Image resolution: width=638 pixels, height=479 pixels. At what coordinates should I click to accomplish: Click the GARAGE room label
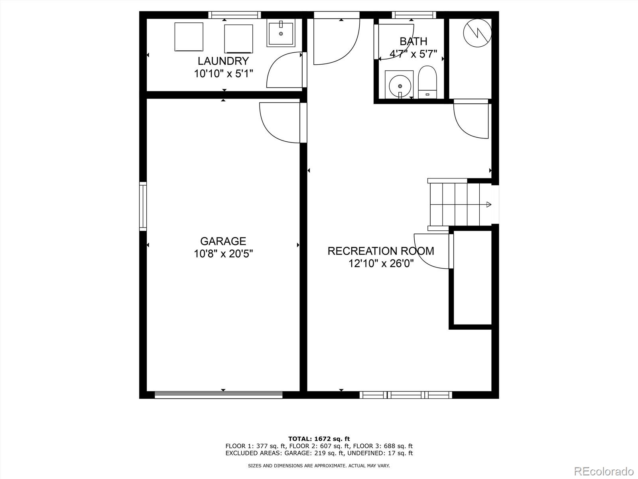click(x=223, y=241)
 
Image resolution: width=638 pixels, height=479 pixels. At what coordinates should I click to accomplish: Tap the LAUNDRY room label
click(x=223, y=61)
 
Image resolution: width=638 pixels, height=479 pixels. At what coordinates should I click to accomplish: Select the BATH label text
click(x=414, y=42)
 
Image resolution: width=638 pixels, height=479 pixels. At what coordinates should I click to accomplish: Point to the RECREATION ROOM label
click(x=381, y=251)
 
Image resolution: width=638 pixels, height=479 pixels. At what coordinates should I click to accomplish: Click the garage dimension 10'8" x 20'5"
click(x=223, y=254)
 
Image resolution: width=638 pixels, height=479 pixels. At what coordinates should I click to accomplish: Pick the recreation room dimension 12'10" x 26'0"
click(x=381, y=263)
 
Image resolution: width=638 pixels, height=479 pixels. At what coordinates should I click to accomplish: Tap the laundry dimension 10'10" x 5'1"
click(x=223, y=73)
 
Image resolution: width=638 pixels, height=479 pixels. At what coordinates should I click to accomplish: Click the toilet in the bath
click(x=427, y=82)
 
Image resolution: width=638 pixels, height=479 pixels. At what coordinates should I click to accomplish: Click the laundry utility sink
click(x=281, y=33)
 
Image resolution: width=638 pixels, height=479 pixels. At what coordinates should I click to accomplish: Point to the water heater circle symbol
click(x=477, y=33)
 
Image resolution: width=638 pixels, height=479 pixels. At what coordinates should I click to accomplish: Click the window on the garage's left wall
click(x=143, y=206)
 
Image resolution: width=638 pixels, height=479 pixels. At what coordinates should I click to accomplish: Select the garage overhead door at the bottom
click(x=218, y=395)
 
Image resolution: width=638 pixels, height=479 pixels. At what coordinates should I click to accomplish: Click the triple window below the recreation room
click(x=406, y=395)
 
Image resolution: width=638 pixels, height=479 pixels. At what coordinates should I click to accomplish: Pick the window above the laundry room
click(x=234, y=15)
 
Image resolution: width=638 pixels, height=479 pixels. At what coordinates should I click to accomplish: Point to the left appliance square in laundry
click(x=189, y=37)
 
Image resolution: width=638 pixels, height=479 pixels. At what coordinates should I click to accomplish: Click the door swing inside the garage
click(x=280, y=123)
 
